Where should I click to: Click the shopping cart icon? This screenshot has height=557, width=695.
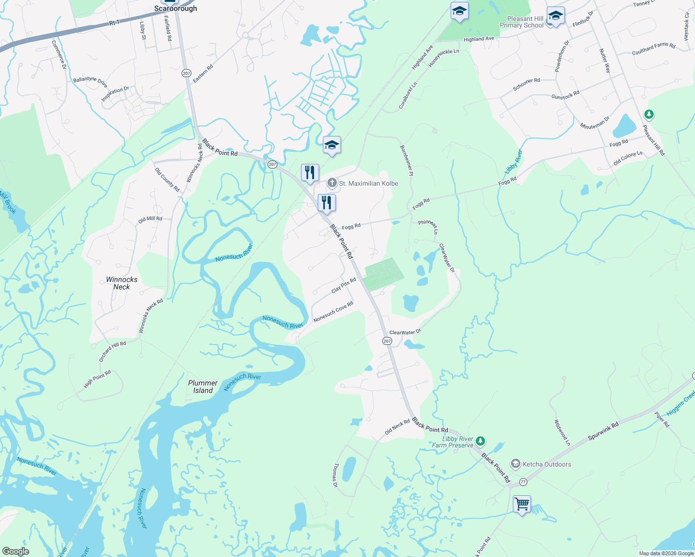[522, 504]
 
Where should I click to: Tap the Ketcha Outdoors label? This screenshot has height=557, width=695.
[546, 464]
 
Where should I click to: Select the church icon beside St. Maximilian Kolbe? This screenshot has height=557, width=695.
[332, 183]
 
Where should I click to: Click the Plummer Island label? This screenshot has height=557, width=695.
[203, 387]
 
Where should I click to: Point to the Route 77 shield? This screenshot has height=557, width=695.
[524, 481]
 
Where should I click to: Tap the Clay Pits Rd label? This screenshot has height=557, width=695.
[344, 285]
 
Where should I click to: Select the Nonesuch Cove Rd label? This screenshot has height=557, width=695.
[333, 312]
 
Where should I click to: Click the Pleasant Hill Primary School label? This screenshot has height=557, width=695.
[522, 22]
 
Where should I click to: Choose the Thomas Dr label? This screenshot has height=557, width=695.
[335, 475]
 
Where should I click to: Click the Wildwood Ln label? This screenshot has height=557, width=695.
[562, 433]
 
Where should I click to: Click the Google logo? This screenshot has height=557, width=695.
[15, 551]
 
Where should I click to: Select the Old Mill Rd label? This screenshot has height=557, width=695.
[150, 220]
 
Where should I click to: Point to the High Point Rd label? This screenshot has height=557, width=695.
[98, 379]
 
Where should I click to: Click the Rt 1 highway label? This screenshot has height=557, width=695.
[114, 23]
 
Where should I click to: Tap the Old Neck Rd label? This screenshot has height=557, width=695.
[397, 427]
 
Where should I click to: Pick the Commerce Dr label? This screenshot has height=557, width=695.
[59, 55]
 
